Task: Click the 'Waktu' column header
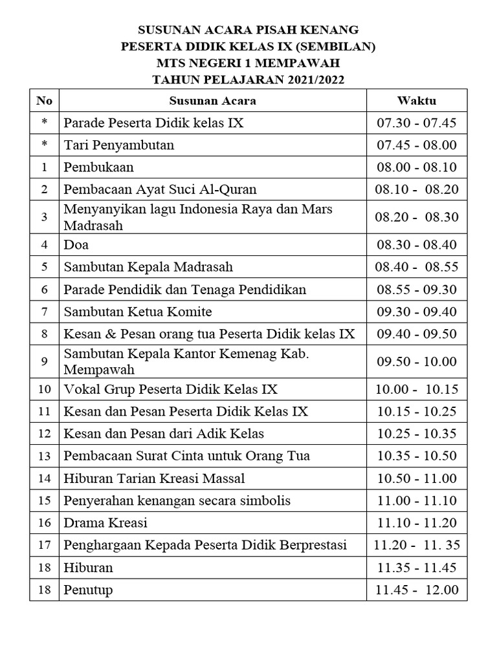(x=417, y=101)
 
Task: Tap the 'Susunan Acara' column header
(x=212, y=101)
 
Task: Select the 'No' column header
(x=44, y=101)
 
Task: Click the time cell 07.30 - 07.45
(x=417, y=123)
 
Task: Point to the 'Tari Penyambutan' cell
(x=119, y=145)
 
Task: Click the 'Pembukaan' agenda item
(x=99, y=167)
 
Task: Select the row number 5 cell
(x=44, y=267)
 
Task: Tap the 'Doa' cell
(x=76, y=245)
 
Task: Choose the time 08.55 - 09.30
(x=417, y=290)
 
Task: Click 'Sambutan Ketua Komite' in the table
(x=138, y=312)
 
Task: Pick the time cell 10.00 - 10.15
(x=417, y=389)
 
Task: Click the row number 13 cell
(x=44, y=456)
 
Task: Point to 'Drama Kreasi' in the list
(x=105, y=522)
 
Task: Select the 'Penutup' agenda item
(x=88, y=590)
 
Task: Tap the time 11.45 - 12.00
(x=417, y=590)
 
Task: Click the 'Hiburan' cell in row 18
(x=88, y=568)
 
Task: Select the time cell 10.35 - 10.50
(x=417, y=456)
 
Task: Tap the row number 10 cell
(x=44, y=389)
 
